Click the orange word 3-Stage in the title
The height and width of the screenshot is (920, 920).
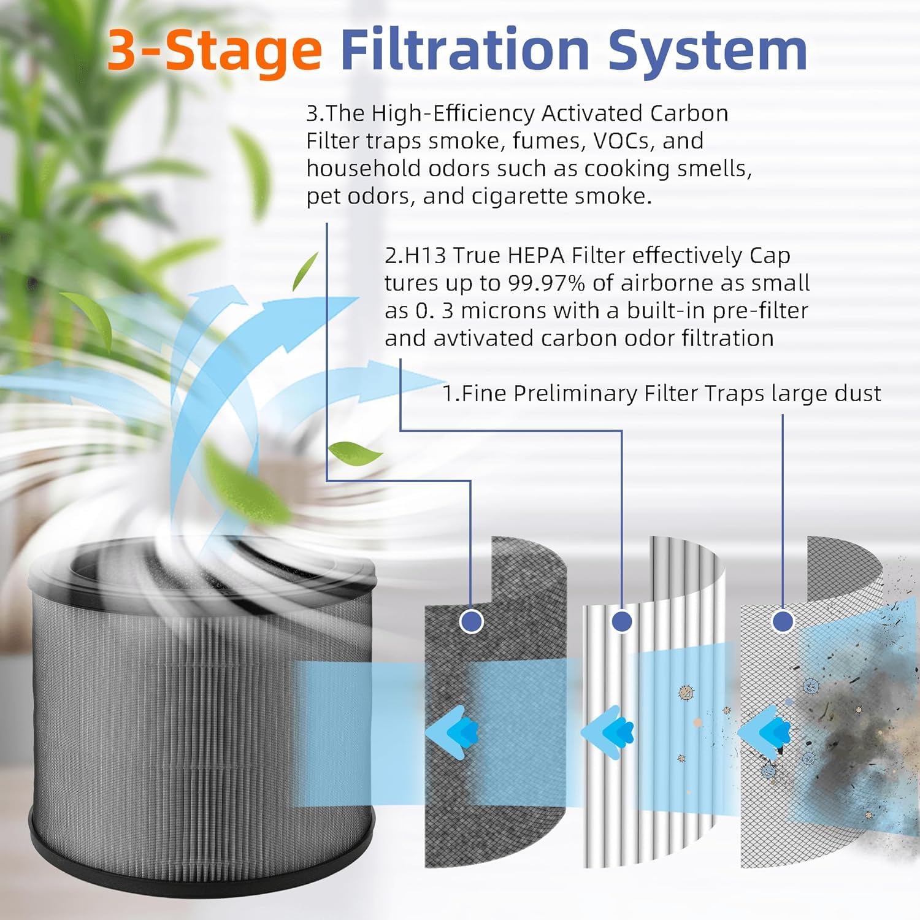[x=214, y=50]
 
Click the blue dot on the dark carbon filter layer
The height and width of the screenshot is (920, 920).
[x=471, y=621]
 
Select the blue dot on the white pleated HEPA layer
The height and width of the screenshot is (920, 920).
[x=622, y=621]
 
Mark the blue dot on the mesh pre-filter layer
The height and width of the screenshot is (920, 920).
[x=782, y=621]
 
